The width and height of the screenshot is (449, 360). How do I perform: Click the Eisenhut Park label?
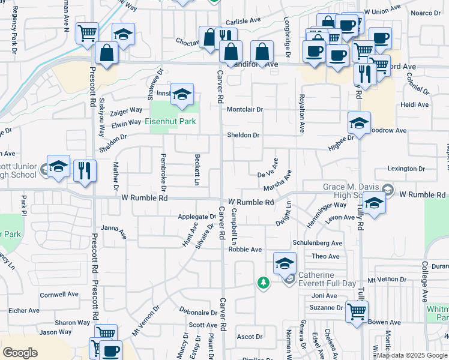[x=171, y=121]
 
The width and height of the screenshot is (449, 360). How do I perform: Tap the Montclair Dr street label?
[x=245, y=109]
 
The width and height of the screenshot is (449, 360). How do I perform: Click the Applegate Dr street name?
[x=196, y=217]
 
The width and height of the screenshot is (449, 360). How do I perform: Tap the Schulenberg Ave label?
[x=317, y=243]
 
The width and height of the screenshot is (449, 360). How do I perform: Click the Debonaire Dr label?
[x=198, y=313]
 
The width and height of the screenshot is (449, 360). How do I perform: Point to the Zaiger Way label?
[x=127, y=110]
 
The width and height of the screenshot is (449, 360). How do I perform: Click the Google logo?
[x=20, y=353]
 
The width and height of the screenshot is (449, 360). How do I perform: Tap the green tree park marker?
[x=263, y=282]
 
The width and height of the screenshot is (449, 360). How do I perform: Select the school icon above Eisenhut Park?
[x=182, y=94]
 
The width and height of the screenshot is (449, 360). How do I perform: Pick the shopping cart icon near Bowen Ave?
[x=357, y=311]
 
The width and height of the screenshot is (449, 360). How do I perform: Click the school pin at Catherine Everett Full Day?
[x=285, y=263]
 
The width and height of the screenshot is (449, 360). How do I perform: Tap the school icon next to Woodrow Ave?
[x=359, y=123]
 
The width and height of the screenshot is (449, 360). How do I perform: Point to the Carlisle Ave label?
[x=243, y=19]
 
